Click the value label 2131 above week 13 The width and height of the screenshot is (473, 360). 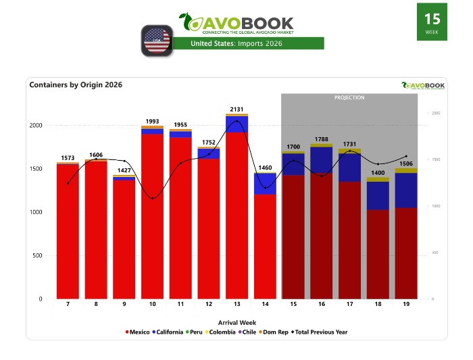[x=236, y=109]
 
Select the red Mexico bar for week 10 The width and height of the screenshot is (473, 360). [x=153, y=216]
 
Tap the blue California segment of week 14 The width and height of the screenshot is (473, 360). [x=265, y=184]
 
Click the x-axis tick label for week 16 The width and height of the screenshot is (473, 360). [x=322, y=305]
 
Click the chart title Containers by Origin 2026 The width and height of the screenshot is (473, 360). [x=76, y=85]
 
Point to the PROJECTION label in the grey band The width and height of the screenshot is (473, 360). [x=349, y=98]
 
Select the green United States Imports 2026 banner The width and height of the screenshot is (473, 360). [x=248, y=43]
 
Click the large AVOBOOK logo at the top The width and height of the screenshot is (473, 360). [x=236, y=23]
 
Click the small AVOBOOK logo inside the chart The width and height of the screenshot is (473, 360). [x=423, y=85]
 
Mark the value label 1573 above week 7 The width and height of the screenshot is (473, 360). [x=68, y=157]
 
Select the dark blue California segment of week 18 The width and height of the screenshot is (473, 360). [x=378, y=195]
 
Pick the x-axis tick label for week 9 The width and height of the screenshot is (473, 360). [x=124, y=305]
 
